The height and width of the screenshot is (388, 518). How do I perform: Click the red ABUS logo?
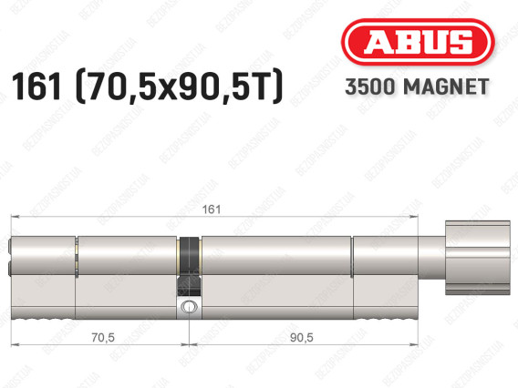click(x=418, y=42)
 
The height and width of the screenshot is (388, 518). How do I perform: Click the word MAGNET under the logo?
click(x=446, y=87)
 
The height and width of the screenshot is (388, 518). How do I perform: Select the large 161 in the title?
click(x=36, y=87)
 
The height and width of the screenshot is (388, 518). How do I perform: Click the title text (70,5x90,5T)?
click(x=180, y=87)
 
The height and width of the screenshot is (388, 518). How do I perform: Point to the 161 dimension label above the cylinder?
click(x=211, y=209)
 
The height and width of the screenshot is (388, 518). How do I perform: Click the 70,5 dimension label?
click(x=103, y=337)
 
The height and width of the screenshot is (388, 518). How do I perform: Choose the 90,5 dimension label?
click(x=301, y=337)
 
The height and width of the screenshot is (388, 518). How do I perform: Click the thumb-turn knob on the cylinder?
click(x=477, y=258)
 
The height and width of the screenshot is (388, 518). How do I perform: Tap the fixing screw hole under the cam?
click(x=189, y=307)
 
